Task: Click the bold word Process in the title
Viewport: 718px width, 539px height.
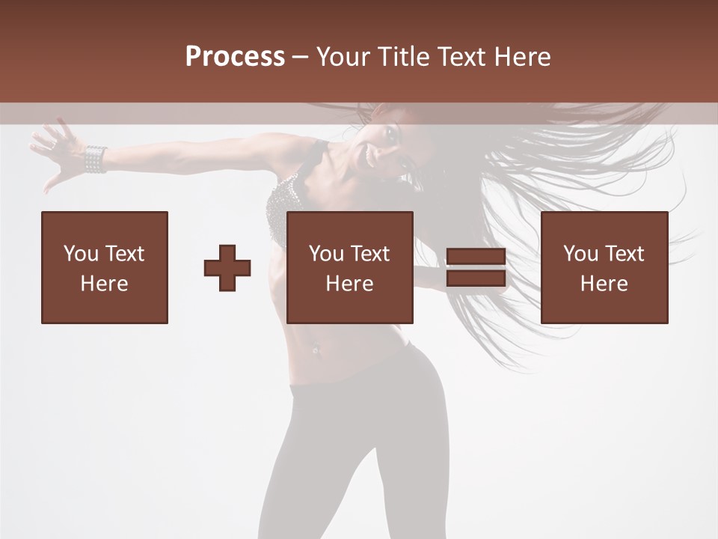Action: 235,57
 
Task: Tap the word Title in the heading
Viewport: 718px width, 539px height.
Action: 404,57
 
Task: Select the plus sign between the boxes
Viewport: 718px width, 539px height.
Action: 227,268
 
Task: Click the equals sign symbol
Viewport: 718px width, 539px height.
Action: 476,267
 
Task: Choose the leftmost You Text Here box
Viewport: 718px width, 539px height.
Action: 105,267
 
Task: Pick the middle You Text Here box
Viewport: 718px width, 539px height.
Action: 349,267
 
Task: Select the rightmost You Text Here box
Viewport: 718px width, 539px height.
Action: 604,267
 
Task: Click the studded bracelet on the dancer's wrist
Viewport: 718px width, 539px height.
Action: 95,159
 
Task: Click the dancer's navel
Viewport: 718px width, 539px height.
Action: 316,348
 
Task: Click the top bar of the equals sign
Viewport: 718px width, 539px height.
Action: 476,257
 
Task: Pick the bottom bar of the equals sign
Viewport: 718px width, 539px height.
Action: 476,278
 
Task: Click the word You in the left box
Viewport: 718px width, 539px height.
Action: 81,254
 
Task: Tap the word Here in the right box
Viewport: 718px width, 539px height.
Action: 604,284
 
